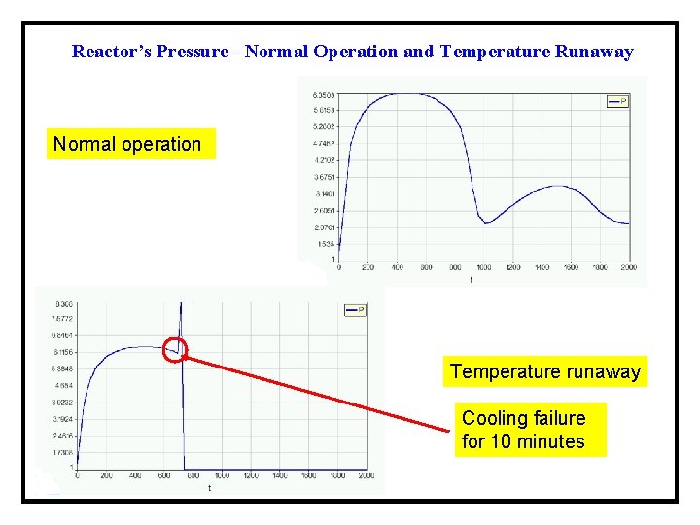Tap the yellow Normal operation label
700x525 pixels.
pyautogui.click(x=127, y=145)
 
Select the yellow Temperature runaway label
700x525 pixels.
pyautogui.click(x=545, y=371)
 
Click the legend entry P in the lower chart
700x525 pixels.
pyautogui.click(x=356, y=310)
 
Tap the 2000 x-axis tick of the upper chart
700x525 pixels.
pyautogui.click(x=628, y=267)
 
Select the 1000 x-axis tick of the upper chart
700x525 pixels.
pyautogui.click(x=483, y=267)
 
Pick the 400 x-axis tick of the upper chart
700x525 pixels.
pyautogui.click(x=397, y=267)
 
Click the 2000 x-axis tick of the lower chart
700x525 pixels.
pyautogui.click(x=367, y=476)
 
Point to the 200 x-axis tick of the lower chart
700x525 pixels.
pyautogui.click(x=106, y=476)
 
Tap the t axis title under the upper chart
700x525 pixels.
pyautogui.click(x=472, y=280)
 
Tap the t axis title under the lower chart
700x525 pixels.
pyautogui.click(x=209, y=488)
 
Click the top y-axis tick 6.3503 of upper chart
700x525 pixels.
pyautogui.click(x=324, y=95)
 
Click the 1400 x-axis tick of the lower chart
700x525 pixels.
pyautogui.click(x=279, y=476)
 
